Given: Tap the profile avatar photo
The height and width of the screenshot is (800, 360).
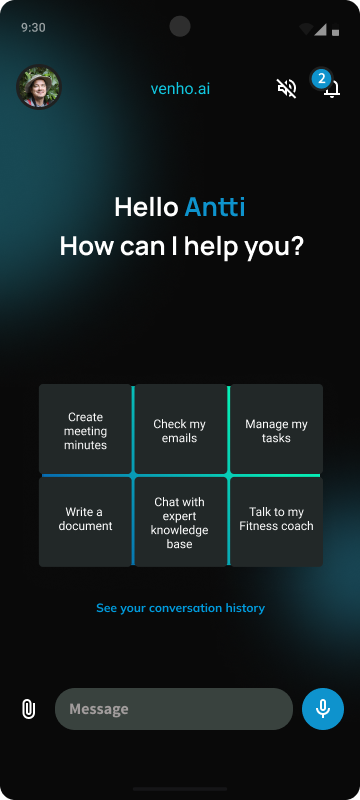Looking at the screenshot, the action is tap(38, 88).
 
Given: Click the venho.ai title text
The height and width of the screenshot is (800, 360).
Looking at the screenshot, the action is tap(180, 88).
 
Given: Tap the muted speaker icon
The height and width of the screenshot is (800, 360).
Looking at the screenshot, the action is tap(287, 88).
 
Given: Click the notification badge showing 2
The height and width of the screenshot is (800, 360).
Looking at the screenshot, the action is tap(321, 78).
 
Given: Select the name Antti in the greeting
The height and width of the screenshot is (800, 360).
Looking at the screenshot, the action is tap(215, 207).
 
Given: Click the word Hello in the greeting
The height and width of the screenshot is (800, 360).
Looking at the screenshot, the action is tap(146, 207).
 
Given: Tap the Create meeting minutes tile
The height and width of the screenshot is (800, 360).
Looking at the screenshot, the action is tap(86, 431).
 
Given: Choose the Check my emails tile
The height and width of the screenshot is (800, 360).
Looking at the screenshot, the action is tap(180, 431).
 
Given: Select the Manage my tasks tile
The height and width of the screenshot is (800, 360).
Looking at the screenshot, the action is tap(276, 431).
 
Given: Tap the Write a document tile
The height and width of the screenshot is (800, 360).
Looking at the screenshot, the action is tap(86, 519).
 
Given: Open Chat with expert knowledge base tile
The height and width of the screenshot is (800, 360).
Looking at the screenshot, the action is tap(180, 522).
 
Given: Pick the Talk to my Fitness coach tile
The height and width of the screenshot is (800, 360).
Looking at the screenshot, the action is tap(276, 519).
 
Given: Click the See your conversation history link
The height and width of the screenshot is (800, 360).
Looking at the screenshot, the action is tap(180, 607).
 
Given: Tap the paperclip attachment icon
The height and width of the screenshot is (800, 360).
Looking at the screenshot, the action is tap(28, 709).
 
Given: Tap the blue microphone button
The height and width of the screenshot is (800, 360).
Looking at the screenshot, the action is tap(323, 709).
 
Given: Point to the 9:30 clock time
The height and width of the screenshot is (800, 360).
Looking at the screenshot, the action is tap(33, 28).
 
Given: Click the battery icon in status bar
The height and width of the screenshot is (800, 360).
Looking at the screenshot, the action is tap(335, 28).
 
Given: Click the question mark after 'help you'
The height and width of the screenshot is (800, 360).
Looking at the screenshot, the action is tap(296, 245).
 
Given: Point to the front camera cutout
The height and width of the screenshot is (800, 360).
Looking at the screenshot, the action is tap(180, 27).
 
